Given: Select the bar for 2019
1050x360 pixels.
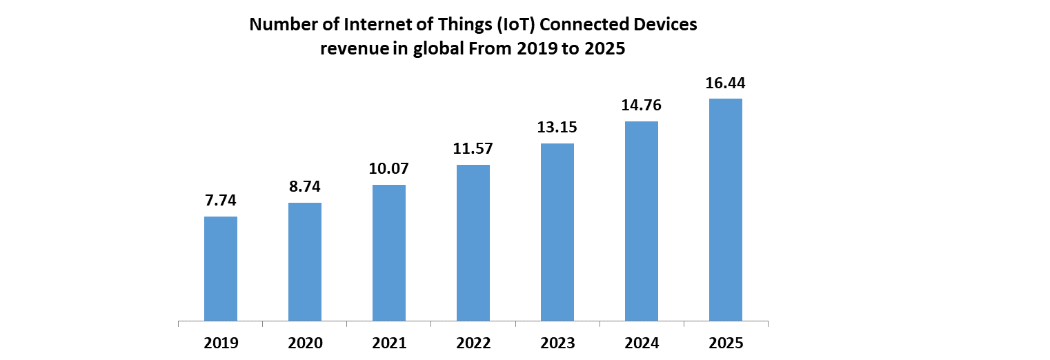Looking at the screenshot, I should tap(221, 269).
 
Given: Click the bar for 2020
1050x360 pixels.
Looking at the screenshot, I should tap(305, 262).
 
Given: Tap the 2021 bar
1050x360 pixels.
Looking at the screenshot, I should tap(389, 253).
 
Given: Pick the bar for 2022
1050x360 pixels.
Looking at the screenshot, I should tap(473, 243).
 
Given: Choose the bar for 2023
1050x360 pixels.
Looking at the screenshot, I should tap(557, 232).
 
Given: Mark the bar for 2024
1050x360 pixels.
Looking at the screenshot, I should tap(642, 221).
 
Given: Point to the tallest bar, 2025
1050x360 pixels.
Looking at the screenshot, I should tap(726, 210).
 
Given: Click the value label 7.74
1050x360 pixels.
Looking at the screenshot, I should tap(221, 201).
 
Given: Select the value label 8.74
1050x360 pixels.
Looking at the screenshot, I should tap(305, 186).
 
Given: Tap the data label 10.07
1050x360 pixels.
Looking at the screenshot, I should tap(389, 169).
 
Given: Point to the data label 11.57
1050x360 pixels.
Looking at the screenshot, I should tap(473, 149).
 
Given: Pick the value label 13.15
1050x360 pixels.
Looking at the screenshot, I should tap(557, 128).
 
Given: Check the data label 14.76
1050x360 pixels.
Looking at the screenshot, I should tap(642, 106).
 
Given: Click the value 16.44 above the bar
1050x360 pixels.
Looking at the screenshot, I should tap(726, 83).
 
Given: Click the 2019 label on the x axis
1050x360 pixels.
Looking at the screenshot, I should tap(221, 343).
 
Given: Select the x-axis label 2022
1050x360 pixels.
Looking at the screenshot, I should tap(473, 343).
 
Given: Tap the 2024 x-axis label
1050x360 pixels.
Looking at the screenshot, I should tap(642, 343).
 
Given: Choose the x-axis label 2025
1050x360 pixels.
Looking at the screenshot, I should tap(726, 343).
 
